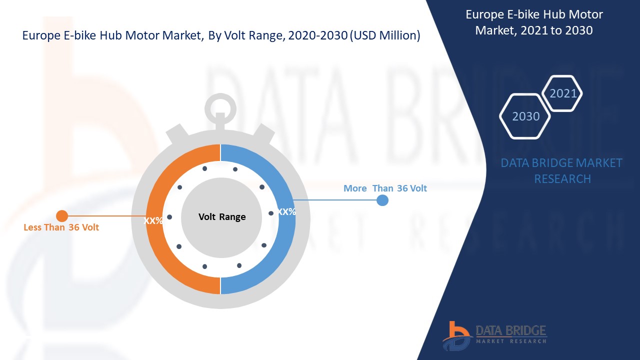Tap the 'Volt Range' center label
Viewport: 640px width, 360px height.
point(222,217)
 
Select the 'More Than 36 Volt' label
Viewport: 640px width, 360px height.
point(385,188)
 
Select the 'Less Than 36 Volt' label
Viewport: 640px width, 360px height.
point(61,227)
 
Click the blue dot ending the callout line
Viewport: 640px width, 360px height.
point(382,200)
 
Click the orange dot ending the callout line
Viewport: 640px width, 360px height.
point(62,216)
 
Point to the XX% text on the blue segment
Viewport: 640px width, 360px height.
point(286,211)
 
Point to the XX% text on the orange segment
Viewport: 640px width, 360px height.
point(153,220)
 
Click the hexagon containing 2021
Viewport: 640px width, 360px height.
point(563,93)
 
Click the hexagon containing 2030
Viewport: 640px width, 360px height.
point(525,116)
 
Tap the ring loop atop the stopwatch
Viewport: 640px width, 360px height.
point(220,105)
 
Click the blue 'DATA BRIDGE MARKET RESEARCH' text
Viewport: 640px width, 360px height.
point(561,170)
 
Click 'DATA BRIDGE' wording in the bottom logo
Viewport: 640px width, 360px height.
point(510,330)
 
